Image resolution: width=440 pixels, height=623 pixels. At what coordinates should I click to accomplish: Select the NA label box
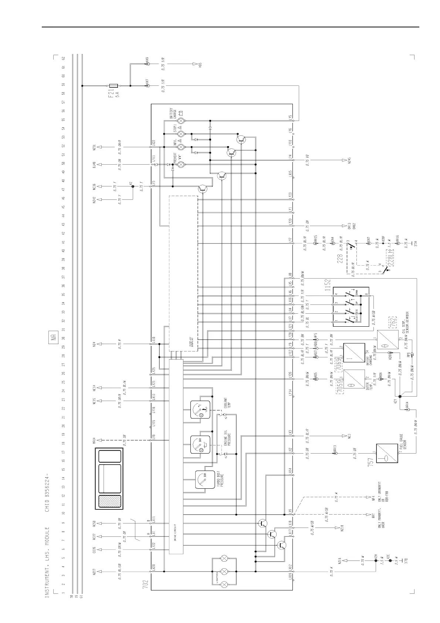click(x=54, y=338)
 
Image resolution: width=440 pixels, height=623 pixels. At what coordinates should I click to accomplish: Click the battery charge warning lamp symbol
click(x=181, y=121)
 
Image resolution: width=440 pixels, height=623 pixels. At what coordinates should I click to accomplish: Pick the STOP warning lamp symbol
click(x=181, y=134)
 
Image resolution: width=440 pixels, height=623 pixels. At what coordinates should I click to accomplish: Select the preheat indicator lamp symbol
click(x=181, y=164)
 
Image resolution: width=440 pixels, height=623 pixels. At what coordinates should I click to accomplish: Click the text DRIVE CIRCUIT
click(x=176, y=531)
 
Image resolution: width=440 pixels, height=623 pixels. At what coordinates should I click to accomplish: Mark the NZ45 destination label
click(x=349, y=161)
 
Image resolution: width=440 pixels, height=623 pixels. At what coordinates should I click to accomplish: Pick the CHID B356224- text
click(x=47, y=492)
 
